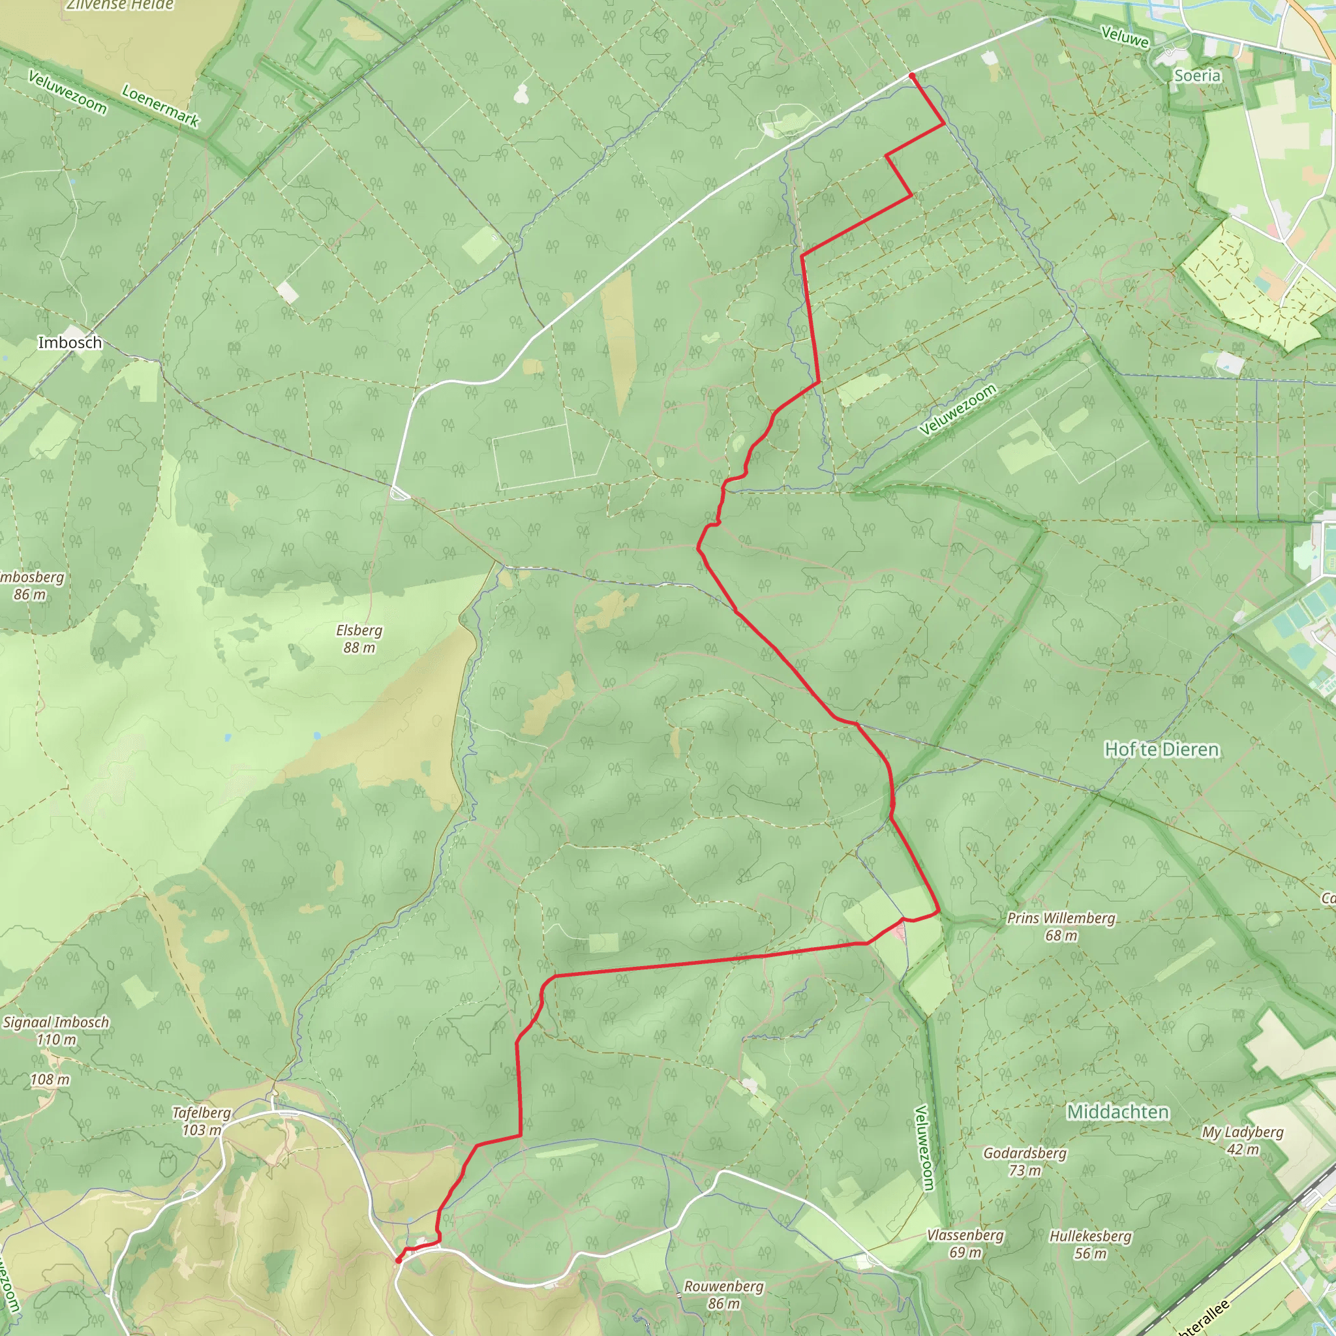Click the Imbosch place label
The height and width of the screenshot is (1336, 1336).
(70, 342)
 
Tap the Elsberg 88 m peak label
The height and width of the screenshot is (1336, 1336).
(359, 639)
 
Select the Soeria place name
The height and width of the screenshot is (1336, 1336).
(1197, 76)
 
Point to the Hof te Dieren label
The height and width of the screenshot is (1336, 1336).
(1162, 750)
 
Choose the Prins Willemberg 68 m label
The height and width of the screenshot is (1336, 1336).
(1061, 926)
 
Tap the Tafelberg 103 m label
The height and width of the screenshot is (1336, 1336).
(201, 1121)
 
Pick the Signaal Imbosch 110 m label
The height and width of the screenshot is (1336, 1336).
(56, 1030)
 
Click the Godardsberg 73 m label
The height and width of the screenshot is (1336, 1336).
(1025, 1161)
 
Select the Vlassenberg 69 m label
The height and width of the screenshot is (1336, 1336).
(965, 1243)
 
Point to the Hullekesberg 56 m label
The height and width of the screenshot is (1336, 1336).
(1091, 1245)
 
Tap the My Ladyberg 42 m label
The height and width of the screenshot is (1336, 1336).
(1243, 1140)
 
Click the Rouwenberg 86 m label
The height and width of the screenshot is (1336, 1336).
(723, 1294)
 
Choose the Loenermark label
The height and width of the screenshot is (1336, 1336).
(160, 106)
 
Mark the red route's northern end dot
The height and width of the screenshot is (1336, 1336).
(912, 76)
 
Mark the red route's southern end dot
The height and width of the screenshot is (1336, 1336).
(399, 1260)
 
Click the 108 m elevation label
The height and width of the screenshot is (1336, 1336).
(50, 1080)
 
